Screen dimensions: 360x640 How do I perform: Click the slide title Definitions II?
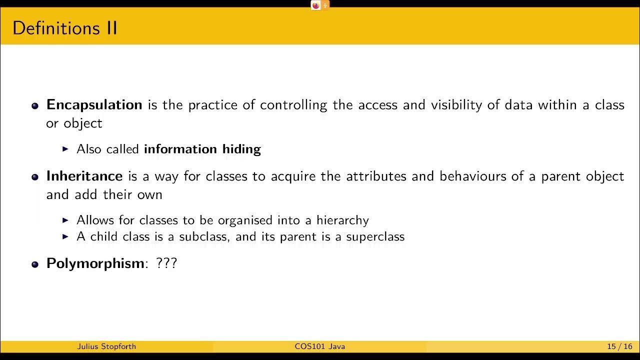tap(64, 28)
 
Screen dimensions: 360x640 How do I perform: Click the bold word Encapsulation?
tap(94, 105)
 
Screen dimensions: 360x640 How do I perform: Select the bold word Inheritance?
tap(84, 176)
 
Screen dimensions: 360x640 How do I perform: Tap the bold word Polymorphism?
tap(95, 263)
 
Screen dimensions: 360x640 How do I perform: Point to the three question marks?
tap(166, 263)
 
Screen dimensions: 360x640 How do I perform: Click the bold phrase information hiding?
tap(202, 149)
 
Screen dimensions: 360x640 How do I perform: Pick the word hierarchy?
tap(342, 220)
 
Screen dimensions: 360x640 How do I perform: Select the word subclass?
tap(203, 236)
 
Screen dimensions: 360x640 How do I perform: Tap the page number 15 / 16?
tap(619, 346)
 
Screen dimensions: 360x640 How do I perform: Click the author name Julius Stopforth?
tap(106, 346)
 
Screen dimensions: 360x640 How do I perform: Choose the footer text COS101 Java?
tap(319, 346)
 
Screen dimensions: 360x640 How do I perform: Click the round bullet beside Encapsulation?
tap(35, 106)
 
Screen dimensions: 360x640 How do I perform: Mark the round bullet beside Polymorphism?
tap(35, 264)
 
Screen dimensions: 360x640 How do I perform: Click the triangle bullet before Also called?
tap(65, 149)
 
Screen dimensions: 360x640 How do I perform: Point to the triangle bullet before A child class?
tap(65, 236)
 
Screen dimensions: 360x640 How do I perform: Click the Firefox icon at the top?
tap(315, 5)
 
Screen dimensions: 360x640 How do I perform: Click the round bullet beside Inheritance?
tap(35, 177)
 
